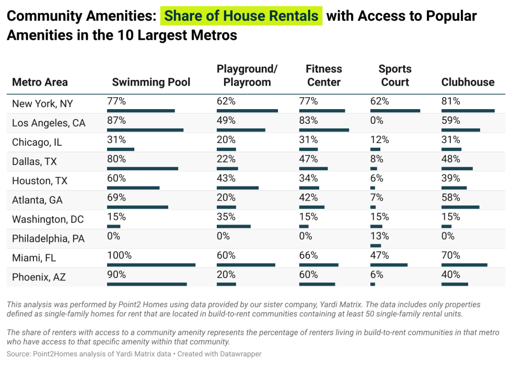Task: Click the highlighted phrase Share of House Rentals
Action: pos(241,16)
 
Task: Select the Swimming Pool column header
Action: pos(151,83)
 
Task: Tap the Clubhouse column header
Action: pos(468,83)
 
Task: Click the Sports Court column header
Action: pos(395,76)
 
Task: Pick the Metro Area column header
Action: pos(40,83)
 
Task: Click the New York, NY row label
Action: pos(42,103)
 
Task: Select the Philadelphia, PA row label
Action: pos(48,239)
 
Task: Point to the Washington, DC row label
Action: pos(48,219)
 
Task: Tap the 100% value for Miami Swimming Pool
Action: pos(119,255)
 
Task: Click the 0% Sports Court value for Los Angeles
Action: pos(377,120)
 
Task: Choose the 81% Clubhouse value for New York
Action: pos(450,101)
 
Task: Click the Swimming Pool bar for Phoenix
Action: pos(147,284)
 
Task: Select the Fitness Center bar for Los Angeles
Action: pos(324,130)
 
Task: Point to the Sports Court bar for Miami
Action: pos(389,265)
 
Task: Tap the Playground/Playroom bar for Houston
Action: pos(238,188)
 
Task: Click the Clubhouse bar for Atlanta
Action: pos(460,207)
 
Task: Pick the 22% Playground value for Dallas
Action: pos(226,159)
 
